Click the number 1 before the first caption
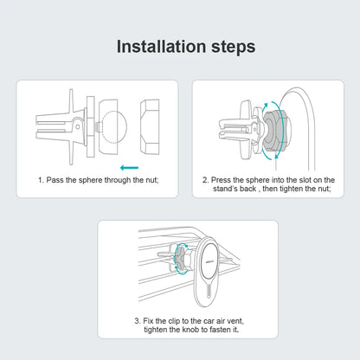coord(40,180)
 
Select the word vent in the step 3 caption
coord(228,322)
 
